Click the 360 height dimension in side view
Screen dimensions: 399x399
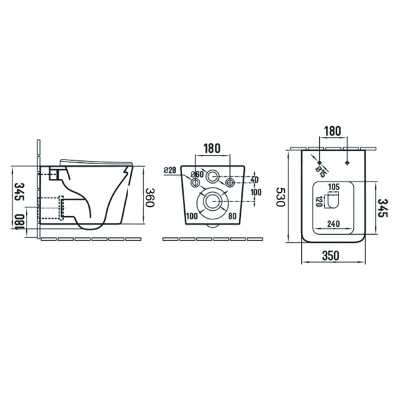pos(150,198)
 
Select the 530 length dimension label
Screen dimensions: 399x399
pos(281,197)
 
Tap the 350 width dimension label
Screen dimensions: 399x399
pos(331,255)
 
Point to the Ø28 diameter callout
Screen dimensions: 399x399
pos(170,170)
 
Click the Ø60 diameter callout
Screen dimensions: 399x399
pos(198,174)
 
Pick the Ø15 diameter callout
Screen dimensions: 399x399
pos(321,172)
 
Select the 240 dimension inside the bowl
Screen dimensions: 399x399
pos(333,223)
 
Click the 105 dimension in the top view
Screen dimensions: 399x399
pos(334,187)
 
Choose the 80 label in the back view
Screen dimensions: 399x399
pos(232,216)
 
